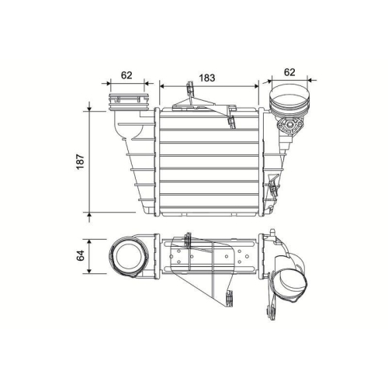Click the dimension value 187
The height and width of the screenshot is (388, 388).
(x=80, y=160)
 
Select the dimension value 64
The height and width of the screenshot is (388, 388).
(x=80, y=256)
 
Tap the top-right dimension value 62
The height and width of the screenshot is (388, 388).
(x=289, y=72)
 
